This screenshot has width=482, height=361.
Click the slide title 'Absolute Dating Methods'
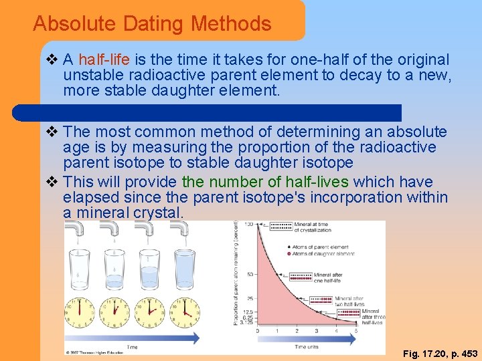[x=152, y=24]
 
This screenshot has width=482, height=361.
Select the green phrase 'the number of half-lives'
[x=265, y=182]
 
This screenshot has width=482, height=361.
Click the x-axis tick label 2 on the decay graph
[x=297, y=331]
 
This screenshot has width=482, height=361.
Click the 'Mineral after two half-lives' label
[x=350, y=301]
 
